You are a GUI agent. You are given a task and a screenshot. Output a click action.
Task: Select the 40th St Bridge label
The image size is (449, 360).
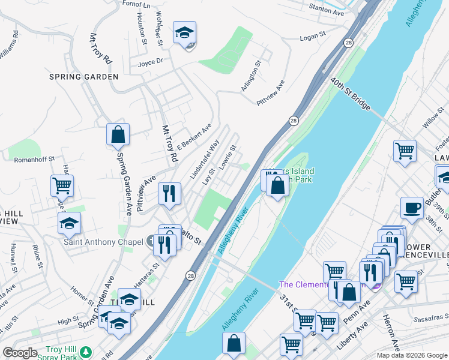[x=349, y=94]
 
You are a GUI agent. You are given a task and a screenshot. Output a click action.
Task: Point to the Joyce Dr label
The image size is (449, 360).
[x=150, y=61]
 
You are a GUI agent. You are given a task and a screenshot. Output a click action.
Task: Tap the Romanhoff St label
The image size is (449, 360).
[x=35, y=159]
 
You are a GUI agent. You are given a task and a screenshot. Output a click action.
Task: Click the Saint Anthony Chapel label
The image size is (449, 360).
[x=104, y=242]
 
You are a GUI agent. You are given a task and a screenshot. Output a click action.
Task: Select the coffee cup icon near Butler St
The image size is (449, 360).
[x=411, y=208]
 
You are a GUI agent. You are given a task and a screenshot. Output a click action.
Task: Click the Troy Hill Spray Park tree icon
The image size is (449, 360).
[x=88, y=351]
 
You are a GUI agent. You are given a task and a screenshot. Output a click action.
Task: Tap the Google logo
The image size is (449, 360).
[x=20, y=352]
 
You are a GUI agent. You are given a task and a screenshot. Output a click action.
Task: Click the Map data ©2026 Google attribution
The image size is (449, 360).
[x=412, y=355]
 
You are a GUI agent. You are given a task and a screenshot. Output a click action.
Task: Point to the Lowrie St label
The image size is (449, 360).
[x=228, y=157]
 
